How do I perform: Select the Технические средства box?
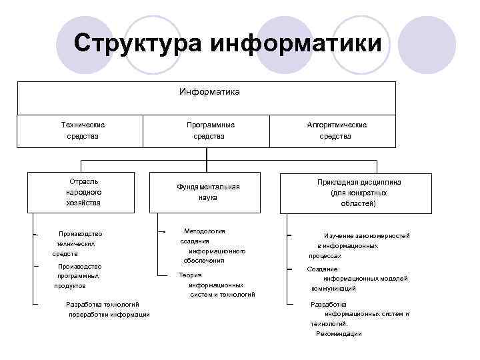83,131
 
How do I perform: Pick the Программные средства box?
209,131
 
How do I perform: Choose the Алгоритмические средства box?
337,131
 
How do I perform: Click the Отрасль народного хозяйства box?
83,191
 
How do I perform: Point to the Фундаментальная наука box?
208,192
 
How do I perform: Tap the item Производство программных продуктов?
79,275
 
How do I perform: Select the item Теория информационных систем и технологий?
216,285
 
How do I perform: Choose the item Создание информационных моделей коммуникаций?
357,279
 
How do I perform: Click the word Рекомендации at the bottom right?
338,333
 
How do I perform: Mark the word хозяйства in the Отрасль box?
83,203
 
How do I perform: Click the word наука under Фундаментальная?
208,198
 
